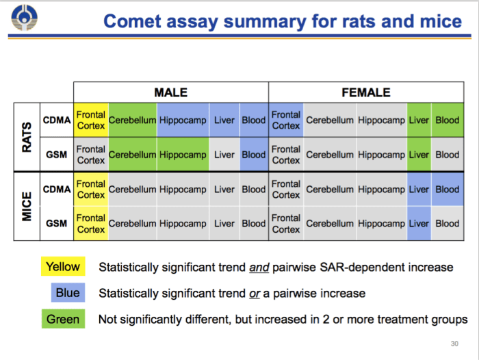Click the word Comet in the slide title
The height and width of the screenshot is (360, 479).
136,21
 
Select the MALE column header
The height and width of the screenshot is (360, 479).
170,92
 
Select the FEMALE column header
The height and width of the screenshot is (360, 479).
365,92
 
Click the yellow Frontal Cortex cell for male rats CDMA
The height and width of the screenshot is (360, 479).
91,120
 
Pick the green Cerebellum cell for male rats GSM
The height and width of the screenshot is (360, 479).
132,155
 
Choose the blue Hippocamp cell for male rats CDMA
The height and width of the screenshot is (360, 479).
183,120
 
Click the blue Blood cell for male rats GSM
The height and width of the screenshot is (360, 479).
253,155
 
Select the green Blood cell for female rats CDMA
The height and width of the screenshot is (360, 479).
447,120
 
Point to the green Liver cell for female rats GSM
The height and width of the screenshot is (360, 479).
419,155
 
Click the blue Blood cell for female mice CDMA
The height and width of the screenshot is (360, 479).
447,189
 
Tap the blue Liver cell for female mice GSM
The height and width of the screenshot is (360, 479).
419,223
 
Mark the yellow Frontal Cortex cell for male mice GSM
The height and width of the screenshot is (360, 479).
91,223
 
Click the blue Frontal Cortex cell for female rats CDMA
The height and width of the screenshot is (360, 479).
285,120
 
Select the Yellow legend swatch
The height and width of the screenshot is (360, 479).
63,267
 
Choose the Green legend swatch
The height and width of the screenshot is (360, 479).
63,319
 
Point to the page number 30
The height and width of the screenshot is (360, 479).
454,344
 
